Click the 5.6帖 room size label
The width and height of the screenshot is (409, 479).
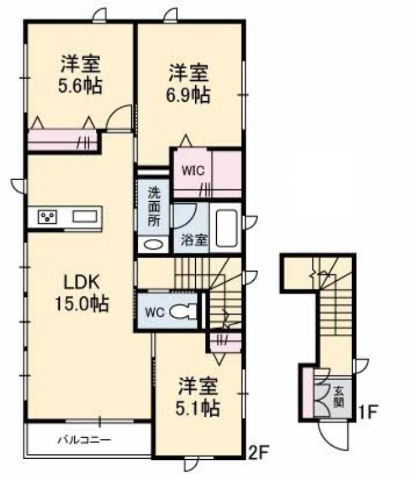[x=80, y=86]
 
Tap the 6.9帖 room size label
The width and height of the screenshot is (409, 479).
[x=188, y=95]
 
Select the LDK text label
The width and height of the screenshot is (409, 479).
[x=81, y=283]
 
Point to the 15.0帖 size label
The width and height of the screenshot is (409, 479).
[x=81, y=304]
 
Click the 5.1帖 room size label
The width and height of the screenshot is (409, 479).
[x=198, y=408]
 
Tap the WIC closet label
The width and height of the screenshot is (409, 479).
[x=193, y=171]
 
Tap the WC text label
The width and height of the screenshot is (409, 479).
[x=154, y=312]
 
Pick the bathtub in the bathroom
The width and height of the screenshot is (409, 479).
[x=226, y=228]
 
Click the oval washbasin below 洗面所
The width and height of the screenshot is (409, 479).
[x=153, y=245]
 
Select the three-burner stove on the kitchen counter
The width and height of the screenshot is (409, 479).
[x=47, y=217]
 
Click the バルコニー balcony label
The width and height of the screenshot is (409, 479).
[x=84, y=440]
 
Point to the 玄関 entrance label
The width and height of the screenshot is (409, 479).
[x=339, y=398]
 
